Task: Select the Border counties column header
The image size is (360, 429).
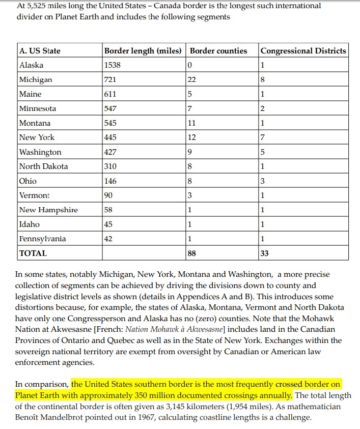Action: tap(218, 51)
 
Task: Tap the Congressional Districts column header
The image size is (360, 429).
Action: tap(303, 51)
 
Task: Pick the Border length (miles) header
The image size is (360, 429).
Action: tap(143, 51)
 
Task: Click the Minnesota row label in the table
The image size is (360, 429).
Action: tap(37, 108)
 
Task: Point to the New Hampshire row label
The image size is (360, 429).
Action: tap(48, 210)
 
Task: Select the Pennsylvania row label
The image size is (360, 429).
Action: tap(42, 239)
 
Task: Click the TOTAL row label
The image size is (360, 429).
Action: tap(33, 253)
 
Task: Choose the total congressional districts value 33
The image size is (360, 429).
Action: tap(264, 253)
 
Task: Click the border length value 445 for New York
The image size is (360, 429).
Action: tap(110, 137)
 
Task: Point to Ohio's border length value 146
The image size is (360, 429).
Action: tap(110, 181)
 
